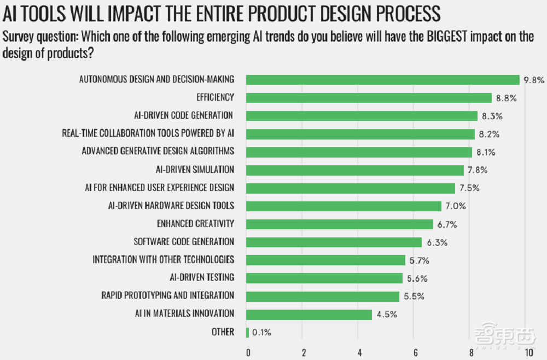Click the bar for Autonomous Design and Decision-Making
pos(383,80)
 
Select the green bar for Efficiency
pos(369,98)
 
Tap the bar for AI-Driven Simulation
pos(355,170)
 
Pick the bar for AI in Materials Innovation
pos(309,314)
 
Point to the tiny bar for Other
pos(248,332)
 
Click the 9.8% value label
pos(534,80)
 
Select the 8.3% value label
pos(492,116)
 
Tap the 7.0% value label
pos(456,206)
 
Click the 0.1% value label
pos(261,332)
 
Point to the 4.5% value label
pos(386,314)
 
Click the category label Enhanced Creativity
pos(195,224)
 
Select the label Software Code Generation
pos(184,242)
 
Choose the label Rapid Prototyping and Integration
pos(168,296)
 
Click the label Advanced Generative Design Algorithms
pos(158,152)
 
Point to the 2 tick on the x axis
pos(304,351)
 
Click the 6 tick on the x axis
pos(416,351)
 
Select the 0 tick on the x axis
pos(248,351)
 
